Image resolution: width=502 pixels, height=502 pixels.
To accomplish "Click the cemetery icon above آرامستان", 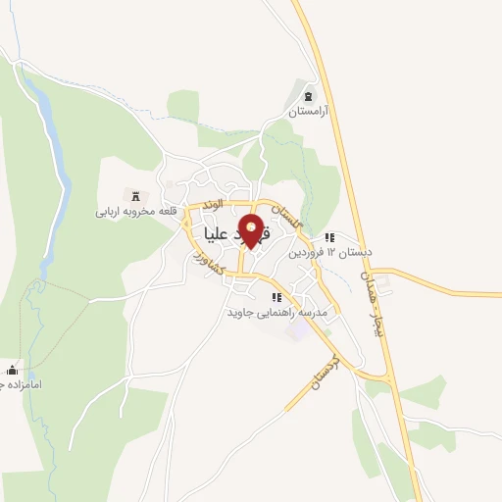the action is (x=310, y=97).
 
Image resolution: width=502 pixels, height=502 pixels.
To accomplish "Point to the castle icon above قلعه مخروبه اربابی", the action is (x=135, y=196).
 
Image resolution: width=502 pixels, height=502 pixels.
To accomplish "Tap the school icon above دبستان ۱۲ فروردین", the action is (x=330, y=237).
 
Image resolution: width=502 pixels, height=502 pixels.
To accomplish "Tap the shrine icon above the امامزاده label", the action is (x=12, y=370).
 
